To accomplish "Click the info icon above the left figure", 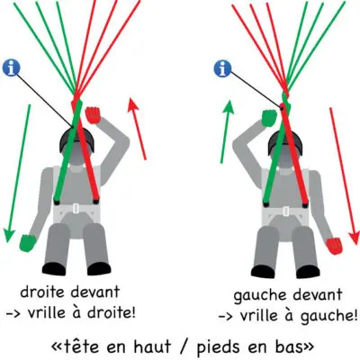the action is coord(11,68).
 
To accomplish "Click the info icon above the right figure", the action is coord(222,68).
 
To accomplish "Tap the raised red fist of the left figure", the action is coord(94,115).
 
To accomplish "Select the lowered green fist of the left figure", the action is coord(28,242).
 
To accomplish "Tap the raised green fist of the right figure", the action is coord(270,118).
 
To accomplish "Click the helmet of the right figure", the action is coord(283,143).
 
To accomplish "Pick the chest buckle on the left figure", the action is coord(76,208).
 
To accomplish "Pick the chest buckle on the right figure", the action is coord(285,211).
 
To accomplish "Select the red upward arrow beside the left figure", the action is coord(137,129).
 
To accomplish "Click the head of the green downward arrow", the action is coord(9,235).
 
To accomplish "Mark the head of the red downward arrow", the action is coord(354,238).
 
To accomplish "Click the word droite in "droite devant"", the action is coord(41,292).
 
